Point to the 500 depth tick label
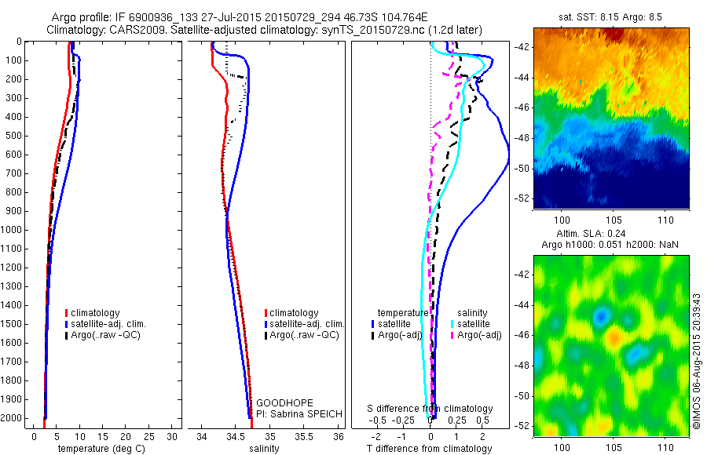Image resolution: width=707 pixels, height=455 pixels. click(x=15, y=136)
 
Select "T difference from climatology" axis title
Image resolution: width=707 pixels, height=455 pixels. click(x=430, y=449)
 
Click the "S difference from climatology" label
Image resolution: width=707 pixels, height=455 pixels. click(x=430, y=409)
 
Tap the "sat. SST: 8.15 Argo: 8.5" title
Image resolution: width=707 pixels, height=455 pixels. click(x=610, y=17)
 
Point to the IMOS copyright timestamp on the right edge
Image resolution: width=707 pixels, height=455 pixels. click(x=697, y=362)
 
